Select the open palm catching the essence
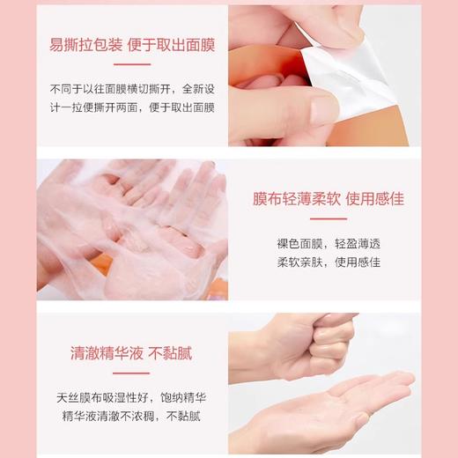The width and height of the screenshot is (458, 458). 352,401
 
